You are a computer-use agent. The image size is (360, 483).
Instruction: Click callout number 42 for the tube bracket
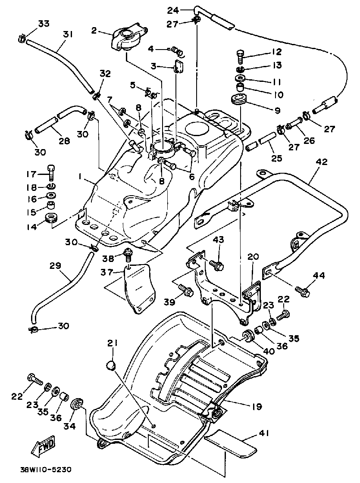[321, 162]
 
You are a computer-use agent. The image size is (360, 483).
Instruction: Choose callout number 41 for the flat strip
[263, 434]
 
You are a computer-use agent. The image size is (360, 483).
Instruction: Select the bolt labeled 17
[52, 173]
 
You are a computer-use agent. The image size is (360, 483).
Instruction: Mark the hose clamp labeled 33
[22, 38]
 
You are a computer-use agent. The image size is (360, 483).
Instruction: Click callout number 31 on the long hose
[66, 34]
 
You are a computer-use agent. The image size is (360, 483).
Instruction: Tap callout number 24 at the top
[173, 9]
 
